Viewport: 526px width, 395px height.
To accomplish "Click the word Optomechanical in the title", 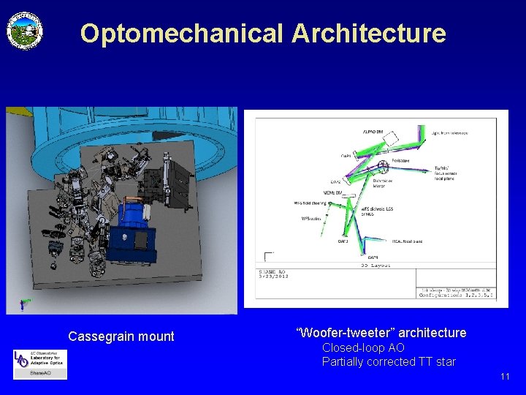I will [x=182, y=34].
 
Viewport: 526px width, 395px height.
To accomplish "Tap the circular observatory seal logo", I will [x=25, y=31].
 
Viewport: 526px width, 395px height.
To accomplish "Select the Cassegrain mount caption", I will [x=121, y=336].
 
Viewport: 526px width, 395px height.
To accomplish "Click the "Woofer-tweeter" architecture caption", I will [x=381, y=333].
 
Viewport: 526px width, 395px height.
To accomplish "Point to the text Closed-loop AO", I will [x=363, y=347].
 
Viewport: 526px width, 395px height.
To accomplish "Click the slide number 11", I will [x=505, y=377].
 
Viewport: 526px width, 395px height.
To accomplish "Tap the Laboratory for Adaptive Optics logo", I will [x=39, y=359].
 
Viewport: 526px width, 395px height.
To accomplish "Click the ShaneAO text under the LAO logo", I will [x=39, y=373].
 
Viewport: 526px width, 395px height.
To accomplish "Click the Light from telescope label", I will [x=449, y=133].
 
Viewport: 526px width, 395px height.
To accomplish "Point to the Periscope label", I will [x=400, y=160].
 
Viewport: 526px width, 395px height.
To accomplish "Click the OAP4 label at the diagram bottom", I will [x=373, y=257].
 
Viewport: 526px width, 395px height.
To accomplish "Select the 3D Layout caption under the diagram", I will [x=376, y=266].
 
